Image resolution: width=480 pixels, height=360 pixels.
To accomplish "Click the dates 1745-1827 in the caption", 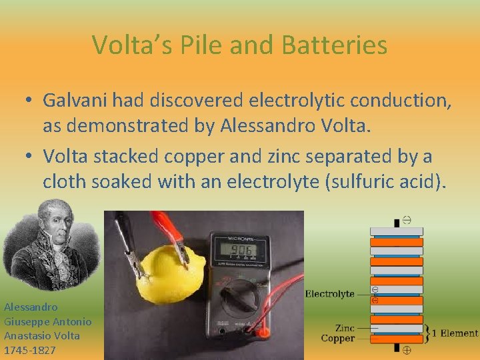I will [30, 350].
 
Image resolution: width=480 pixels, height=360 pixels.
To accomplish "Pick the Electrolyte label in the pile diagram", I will [329, 294].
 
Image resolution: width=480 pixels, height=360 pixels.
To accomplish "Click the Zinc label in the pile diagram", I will [345, 328].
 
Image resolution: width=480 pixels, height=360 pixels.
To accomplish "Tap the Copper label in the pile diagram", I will [337, 339].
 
